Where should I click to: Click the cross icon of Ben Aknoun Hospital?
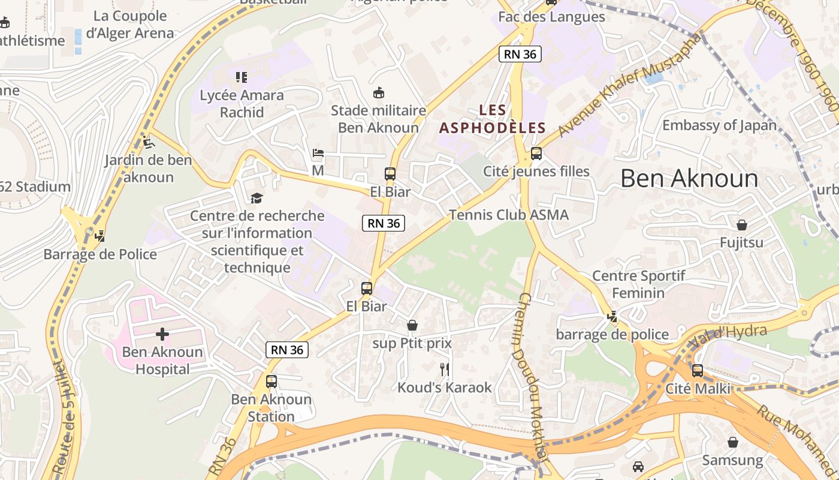click(x=162, y=334)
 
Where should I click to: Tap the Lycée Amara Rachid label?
click(x=242, y=104)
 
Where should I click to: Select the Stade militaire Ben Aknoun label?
click(x=378, y=119)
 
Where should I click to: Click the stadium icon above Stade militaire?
click(x=378, y=93)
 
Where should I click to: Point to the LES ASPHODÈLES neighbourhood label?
click(x=493, y=119)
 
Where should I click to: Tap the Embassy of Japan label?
click(x=719, y=125)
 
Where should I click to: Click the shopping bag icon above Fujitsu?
click(x=742, y=225)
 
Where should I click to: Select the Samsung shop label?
click(x=732, y=460)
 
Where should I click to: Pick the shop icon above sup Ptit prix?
click(x=412, y=325)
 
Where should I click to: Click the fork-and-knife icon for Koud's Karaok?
click(x=444, y=370)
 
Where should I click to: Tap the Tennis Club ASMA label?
click(x=509, y=215)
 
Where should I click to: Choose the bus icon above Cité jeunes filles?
click(x=536, y=154)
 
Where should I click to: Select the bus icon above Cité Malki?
click(x=698, y=371)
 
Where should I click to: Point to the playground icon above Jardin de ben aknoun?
click(x=148, y=143)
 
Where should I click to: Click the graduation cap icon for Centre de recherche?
click(x=256, y=198)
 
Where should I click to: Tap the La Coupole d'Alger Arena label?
click(x=130, y=25)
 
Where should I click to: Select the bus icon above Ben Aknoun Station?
click(x=271, y=382)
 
